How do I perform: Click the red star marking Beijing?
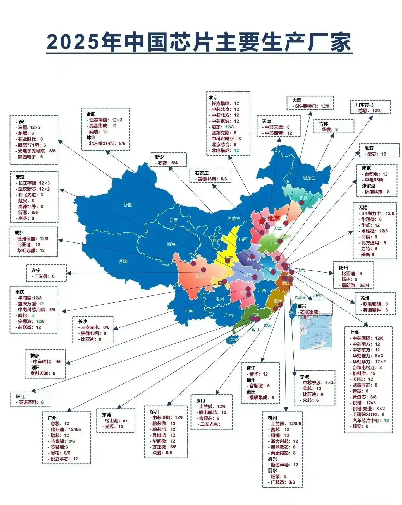coord(262,221)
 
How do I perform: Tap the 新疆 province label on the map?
coord(127,205)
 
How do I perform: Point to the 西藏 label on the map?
coord(123,261)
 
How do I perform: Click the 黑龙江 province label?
coord(309,178)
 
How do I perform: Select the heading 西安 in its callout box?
coord(20,122)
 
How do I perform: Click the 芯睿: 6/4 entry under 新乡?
coord(167,162)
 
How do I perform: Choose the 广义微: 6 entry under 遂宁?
coord(44,276)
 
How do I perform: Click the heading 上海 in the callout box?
coord(354,332)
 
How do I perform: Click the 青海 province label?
coord(171,244)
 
